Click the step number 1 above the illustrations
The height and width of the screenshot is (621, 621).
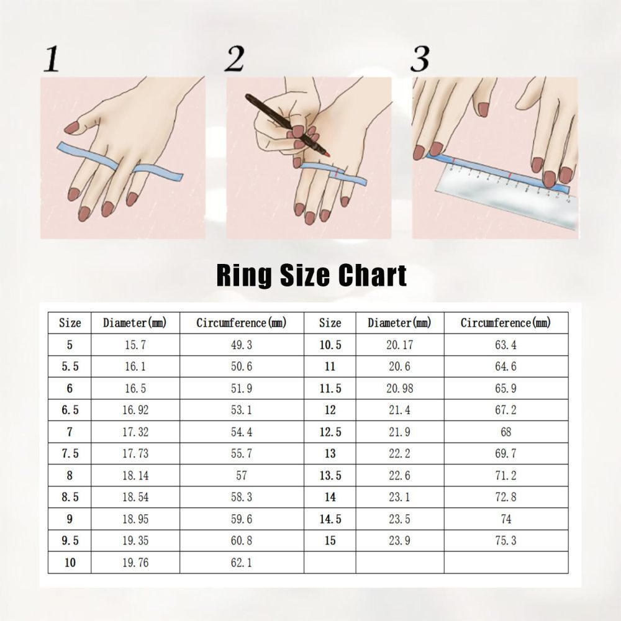[52, 59]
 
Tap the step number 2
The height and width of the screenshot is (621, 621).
[234, 59]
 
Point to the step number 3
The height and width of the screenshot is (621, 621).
[420, 59]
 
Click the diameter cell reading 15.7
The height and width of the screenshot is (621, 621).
[135, 345]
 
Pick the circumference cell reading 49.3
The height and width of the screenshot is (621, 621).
[242, 345]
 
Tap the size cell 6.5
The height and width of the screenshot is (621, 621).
[70, 410]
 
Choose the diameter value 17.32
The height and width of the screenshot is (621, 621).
[135, 432]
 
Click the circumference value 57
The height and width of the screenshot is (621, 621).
[242, 475]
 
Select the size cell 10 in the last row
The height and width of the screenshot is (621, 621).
[70, 563]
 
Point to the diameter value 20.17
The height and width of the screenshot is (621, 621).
[399, 345]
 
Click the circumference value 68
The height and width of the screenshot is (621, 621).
[506, 432]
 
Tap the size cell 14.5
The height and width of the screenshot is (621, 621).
[330, 519]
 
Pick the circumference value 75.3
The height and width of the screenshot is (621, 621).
[506, 541]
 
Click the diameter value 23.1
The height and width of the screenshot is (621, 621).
[399, 497]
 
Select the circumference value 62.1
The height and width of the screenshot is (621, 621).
[242, 563]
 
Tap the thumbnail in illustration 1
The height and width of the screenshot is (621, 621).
[72, 127]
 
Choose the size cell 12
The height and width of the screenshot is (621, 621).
[330, 410]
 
